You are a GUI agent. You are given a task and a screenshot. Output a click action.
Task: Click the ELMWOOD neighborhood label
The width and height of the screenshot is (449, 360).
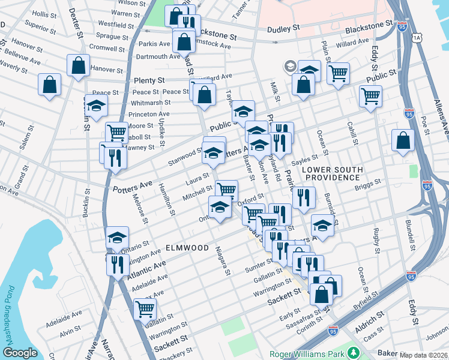click(x=187, y=248)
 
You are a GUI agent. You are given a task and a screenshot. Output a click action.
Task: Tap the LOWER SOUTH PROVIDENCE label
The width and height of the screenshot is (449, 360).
click(x=332, y=174)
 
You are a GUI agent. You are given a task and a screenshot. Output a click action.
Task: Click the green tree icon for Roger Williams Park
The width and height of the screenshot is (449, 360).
click(x=354, y=353)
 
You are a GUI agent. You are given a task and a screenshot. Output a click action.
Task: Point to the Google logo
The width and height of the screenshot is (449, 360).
click(x=20, y=353)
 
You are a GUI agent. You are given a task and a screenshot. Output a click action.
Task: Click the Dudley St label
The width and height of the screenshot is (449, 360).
click(x=283, y=28)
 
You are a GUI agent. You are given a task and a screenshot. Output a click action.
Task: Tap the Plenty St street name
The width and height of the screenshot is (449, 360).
click(x=149, y=80)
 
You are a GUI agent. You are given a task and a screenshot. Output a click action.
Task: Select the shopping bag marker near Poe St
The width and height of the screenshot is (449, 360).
click(x=402, y=140)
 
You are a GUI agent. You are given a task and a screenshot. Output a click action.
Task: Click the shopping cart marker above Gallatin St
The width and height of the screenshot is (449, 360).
click(x=145, y=309)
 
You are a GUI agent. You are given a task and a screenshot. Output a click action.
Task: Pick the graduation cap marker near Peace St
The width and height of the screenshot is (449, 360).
click(x=96, y=106)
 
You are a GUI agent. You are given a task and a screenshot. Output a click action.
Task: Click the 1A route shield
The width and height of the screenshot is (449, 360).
click(x=417, y=37)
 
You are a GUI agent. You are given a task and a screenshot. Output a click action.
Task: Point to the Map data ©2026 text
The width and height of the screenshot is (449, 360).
click(x=424, y=355)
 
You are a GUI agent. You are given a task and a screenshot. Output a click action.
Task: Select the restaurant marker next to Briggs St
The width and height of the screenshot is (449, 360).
click(x=304, y=196)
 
